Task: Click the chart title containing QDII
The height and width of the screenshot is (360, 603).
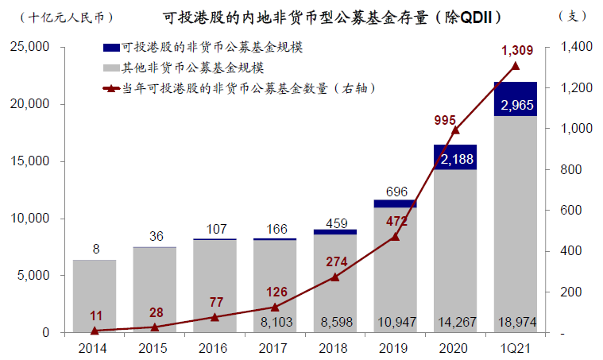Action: pos(303,16)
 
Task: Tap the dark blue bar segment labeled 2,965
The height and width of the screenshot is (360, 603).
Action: pos(516,99)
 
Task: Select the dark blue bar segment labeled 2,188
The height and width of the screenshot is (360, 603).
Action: pos(455,157)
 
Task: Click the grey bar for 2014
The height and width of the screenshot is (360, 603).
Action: pos(95,296)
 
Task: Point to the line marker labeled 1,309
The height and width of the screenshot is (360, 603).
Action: pos(516,66)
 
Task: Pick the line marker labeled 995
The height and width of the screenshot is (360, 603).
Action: pos(455,130)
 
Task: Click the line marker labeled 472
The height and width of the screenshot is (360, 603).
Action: pos(395,236)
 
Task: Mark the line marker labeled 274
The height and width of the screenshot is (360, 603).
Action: pos(335,277)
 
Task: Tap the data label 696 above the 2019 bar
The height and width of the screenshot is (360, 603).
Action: pos(395,192)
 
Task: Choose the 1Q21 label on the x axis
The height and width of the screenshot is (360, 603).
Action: pos(516,347)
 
